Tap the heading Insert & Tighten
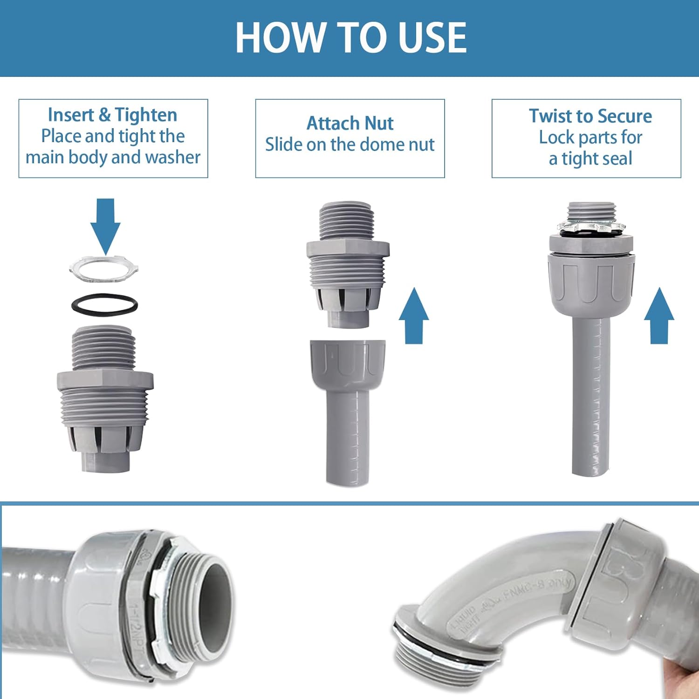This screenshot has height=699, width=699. [112, 115]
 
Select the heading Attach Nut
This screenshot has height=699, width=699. [349, 123]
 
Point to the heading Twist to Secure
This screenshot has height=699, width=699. [590, 116]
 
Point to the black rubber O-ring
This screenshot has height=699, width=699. [104, 305]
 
